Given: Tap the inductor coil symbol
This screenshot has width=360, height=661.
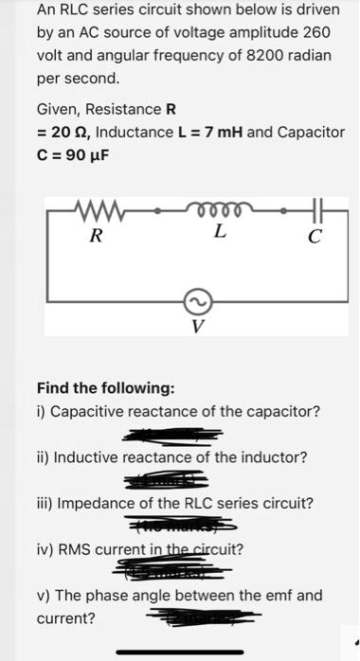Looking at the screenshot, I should pyautogui.click(x=219, y=208).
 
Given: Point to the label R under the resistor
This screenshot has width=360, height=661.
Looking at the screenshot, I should pyautogui.click(x=94, y=235).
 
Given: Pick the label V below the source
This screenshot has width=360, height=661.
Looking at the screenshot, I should pyautogui.click(x=197, y=328).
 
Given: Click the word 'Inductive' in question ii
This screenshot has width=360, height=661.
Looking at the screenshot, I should pyautogui.click(x=87, y=457).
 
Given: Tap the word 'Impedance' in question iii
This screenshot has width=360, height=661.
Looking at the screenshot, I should pyautogui.click(x=95, y=503).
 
